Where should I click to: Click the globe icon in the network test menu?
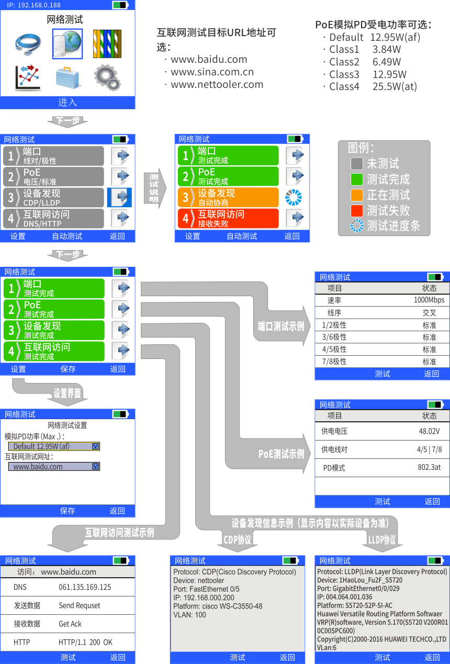67,43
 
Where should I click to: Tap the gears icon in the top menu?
107,77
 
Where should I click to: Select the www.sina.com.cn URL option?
212,72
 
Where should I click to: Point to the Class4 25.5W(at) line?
373,87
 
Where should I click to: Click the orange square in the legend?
356,195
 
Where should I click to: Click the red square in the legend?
356,210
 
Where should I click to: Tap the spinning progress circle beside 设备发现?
294,197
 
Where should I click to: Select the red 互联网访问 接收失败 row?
228,218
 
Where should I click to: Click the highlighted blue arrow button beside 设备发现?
120,197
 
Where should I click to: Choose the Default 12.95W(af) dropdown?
53,446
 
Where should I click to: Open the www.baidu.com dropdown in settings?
53,466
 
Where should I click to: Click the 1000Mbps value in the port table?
429,300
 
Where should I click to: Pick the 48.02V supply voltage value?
429,432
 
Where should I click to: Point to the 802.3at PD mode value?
429,467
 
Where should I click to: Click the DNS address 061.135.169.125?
85,588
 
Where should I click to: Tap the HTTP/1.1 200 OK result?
85,642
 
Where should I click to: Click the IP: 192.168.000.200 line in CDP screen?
204,598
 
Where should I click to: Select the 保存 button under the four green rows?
68,369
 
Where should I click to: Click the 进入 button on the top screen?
67,103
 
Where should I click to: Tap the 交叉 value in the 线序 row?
429,313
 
